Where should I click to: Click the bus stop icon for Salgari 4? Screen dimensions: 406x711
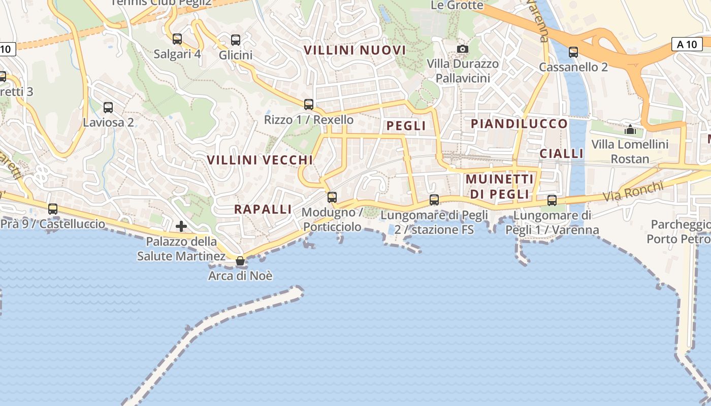[177, 39]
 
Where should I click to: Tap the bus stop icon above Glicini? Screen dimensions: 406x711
[236, 40]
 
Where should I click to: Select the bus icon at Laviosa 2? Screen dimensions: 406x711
[108, 108]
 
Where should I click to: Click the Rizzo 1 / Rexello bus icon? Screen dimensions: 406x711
[309, 105]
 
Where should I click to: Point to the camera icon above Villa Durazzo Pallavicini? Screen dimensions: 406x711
[463, 49]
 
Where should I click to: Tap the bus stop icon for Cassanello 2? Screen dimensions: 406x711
[573, 52]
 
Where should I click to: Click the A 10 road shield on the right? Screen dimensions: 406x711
[687, 44]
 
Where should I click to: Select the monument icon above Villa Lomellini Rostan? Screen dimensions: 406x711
[630, 129]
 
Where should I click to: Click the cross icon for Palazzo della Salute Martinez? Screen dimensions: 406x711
[181, 226]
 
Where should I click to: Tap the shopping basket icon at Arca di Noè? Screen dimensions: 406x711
[240, 261]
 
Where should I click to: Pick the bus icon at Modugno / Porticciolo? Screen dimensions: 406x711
[332, 197]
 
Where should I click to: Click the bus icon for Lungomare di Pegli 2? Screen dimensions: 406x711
[434, 200]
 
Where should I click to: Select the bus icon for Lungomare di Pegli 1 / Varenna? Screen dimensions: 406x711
[552, 200]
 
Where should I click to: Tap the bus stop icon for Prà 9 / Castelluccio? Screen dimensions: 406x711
[53, 209]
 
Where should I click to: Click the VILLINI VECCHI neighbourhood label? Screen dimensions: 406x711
[260, 160]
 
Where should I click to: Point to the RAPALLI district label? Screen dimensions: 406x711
[263, 209]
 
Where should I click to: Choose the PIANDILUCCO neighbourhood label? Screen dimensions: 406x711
[519, 124]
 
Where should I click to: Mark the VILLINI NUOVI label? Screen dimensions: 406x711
[355, 50]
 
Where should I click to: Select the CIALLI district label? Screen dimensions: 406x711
[562, 153]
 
